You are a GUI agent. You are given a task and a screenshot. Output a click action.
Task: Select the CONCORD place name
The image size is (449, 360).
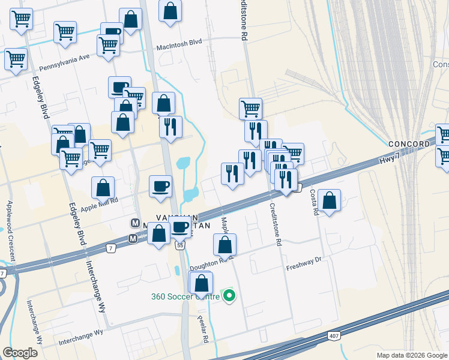(x=409, y=144)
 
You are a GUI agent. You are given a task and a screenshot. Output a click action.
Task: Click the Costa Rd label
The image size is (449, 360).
(x=313, y=202)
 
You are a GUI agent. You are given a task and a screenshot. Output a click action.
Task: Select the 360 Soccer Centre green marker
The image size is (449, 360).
(x=228, y=296)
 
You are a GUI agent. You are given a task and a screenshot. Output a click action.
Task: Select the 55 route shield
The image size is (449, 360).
(x=179, y=245)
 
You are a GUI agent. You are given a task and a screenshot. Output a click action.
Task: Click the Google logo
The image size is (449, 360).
(x=20, y=353)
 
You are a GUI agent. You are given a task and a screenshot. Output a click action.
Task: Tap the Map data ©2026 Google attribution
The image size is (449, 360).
(x=411, y=355)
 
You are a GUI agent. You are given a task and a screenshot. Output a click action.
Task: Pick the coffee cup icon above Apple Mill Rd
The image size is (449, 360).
(x=160, y=185)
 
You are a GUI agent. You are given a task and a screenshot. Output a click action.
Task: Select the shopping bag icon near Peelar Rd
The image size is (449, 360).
(x=202, y=283)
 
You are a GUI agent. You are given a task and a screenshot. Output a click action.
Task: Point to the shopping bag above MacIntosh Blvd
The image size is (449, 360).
(x=170, y=10)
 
